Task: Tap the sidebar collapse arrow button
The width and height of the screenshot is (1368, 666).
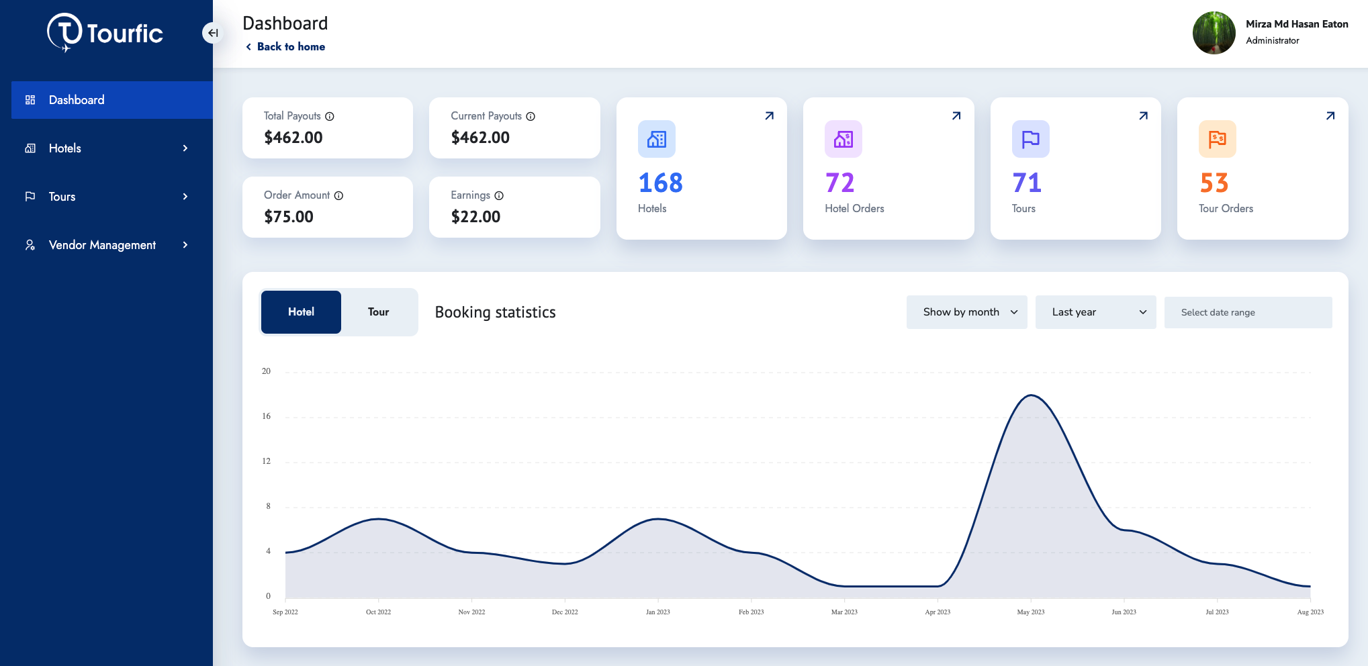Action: [x=212, y=33]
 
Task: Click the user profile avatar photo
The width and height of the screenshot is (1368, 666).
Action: [x=1213, y=33]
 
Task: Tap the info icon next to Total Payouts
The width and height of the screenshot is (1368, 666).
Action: [x=330, y=117]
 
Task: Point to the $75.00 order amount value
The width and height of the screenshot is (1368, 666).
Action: [x=289, y=217]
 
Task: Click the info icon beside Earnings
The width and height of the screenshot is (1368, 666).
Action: [x=499, y=196]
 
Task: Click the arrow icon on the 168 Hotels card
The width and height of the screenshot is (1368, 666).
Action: [x=769, y=116]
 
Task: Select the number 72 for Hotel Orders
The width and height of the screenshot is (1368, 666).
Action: [x=839, y=183]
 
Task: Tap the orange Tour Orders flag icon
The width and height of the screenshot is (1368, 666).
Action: [x=1217, y=139]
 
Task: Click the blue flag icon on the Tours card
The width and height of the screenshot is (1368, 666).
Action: [x=1030, y=139]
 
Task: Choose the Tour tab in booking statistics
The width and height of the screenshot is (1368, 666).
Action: [x=378, y=312]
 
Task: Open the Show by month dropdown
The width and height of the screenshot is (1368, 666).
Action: [x=966, y=312]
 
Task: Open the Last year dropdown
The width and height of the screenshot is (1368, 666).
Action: [x=1095, y=312]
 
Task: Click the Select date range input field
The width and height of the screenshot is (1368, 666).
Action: [x=1248, y=313]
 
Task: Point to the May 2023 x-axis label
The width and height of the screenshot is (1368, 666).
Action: [x=1030, y=612]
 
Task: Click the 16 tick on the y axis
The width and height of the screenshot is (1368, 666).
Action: [x=267, y=416]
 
